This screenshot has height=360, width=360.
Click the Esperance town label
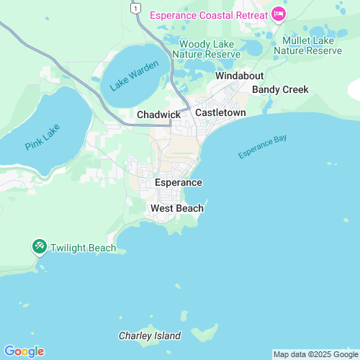pos(178,182)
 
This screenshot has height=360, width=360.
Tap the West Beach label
pos(176,208)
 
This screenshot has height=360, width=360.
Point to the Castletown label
pos(220,113)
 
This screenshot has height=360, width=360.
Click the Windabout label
pos(240,76)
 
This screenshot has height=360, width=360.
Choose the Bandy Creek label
pos(280,89)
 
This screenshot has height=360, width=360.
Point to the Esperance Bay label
pos(262,147)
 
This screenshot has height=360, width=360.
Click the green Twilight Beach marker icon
pos(39,247)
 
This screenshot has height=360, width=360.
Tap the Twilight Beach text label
pos(83,248)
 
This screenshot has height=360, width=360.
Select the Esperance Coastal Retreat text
pos(208,14)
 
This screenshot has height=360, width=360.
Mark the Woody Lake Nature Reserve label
pos(209,49)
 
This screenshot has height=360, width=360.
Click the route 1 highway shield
pos(133,6)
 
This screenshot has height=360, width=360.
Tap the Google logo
pos(24,351)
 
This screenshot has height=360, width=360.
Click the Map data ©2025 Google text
pos(315,354)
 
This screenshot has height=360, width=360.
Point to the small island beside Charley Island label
pos(195,336)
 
